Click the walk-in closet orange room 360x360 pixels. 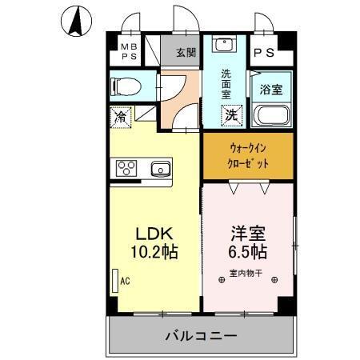click(248, 154)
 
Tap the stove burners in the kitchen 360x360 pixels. click(128, 168)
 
